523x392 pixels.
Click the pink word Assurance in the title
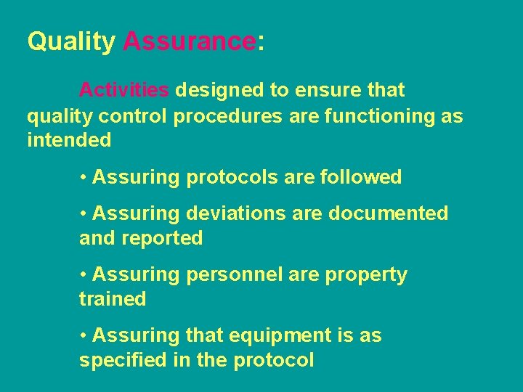(x=189, y=41)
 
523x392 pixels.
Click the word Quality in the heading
(x=70, y=42)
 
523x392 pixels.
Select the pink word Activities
(x=123, y=91)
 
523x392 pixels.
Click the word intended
(x=69, y=139)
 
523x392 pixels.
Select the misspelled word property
(x=367, y=275)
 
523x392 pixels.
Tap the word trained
(x=113, y=298)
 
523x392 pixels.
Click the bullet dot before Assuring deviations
(x=84, y=214)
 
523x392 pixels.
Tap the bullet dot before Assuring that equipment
(x=84, y=336)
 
